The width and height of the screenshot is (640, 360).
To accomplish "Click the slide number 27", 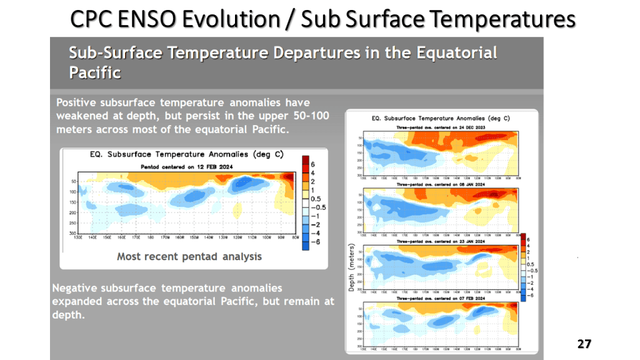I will pyautogui.click(x=584, y=344).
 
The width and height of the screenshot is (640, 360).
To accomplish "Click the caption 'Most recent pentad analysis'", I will pyautogui.click(x=189, y=256).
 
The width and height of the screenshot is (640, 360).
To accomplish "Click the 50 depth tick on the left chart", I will pyautogui.click(x=73, y=182).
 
